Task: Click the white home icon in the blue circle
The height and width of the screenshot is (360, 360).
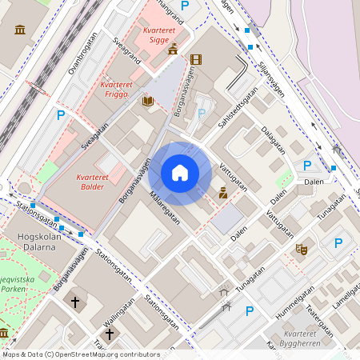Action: point(180,173)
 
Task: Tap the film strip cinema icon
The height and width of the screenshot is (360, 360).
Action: point(196,59)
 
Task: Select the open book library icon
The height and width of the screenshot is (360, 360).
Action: point(147,102)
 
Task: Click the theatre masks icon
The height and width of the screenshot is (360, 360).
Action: point(301,249)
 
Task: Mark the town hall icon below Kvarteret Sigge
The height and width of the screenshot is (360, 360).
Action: point(173,50)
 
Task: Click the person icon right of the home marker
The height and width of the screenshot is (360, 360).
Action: point(223,193)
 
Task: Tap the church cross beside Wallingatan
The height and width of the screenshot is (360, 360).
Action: point(110,333)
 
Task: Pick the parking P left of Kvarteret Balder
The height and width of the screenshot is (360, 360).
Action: point(60,116)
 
